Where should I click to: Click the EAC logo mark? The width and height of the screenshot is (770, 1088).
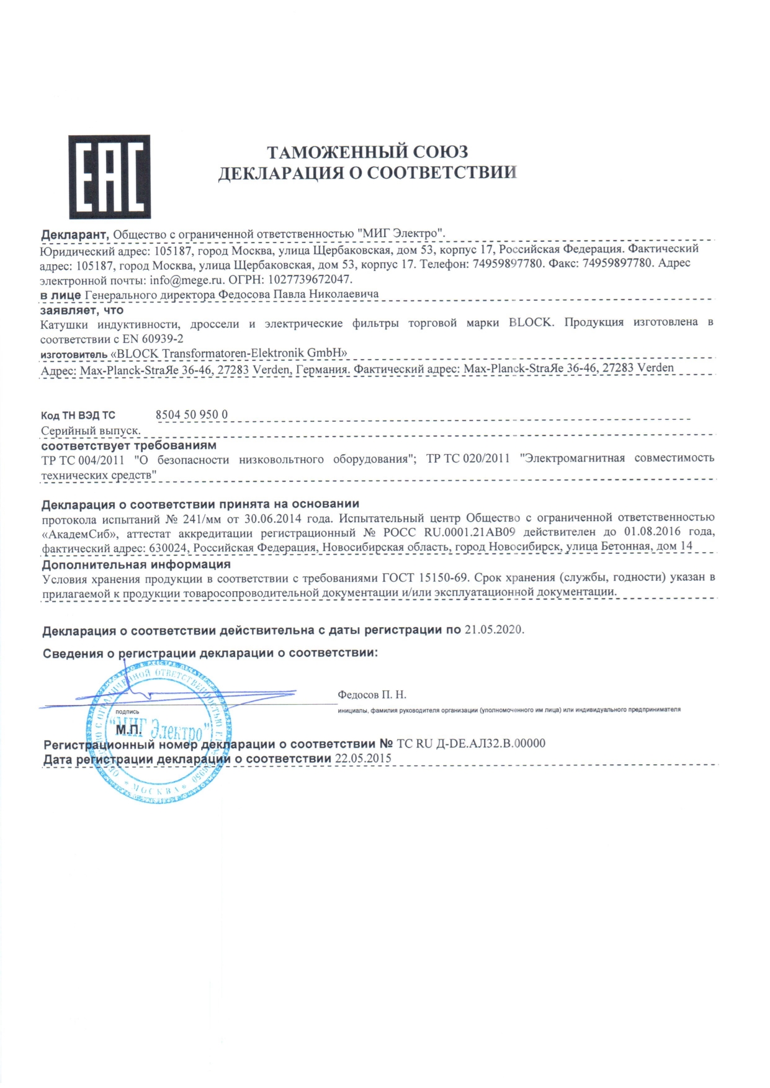109,177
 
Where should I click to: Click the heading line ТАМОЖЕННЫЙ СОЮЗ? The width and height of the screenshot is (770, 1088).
367,151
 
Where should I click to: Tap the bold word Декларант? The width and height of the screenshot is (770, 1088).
74,234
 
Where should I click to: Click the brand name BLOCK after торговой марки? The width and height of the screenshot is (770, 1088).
529,323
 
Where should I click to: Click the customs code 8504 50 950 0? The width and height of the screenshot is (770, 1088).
192,414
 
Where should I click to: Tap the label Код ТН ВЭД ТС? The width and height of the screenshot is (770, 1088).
78,416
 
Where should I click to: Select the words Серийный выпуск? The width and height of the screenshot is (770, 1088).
91,430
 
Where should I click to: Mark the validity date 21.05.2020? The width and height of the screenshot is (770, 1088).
494,630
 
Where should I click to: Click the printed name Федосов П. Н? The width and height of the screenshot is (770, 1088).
372,695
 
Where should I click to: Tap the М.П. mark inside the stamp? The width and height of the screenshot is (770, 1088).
128,730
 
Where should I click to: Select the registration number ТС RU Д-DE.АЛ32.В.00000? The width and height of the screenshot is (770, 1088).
471,743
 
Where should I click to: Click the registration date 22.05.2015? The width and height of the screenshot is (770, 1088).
363,759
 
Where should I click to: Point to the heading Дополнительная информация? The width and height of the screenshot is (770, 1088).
137,564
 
